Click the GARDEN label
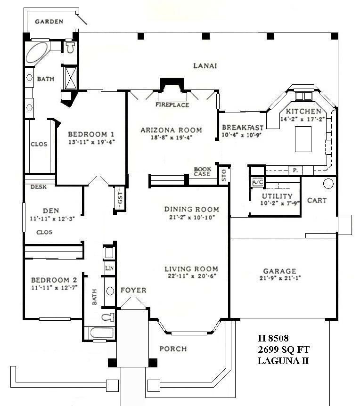point(49,22)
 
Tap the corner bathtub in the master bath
point(37,53)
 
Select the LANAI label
point(205,66)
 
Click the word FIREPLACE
point(172,105)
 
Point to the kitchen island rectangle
point(303,139)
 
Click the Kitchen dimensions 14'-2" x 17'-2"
point(303,120)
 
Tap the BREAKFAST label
point(242,127)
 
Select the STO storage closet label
point(223,175)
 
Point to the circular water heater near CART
point(328,183)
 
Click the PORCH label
point(172,349)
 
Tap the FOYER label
point(133,290)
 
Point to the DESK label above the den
point(38,187)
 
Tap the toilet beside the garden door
point(70,47)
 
